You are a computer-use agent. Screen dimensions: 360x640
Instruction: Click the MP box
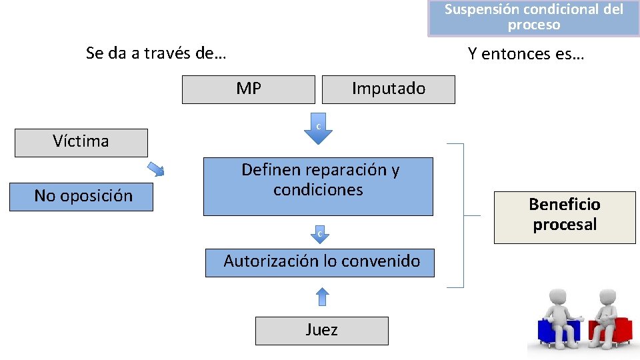[x=248, y=89]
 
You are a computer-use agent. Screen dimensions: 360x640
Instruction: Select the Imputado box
[x=388, y=89]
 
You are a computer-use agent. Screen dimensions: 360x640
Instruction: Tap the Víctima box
[x=81, y=142]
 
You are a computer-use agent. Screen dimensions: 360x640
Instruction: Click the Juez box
[x=321, y=330]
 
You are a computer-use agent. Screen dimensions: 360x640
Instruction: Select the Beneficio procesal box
[x=565, y=215]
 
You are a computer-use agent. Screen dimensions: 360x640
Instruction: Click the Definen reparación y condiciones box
[x=318, y=186]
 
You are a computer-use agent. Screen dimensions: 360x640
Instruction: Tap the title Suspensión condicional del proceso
[x=534, y=17]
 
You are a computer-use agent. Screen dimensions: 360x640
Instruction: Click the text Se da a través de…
[x=156, y=53]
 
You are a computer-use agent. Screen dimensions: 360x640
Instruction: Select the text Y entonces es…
[x=525, y=54]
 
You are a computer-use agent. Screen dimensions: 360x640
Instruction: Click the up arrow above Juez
[x=321, y=296]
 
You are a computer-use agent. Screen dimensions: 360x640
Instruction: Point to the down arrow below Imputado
[x=318, y=131]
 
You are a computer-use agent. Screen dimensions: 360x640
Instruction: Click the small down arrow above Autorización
[x=319, y=235]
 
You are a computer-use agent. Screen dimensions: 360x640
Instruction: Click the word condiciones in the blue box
[x=318, y=191]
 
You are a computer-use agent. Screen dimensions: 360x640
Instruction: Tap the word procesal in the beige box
[x=565, y=225]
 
